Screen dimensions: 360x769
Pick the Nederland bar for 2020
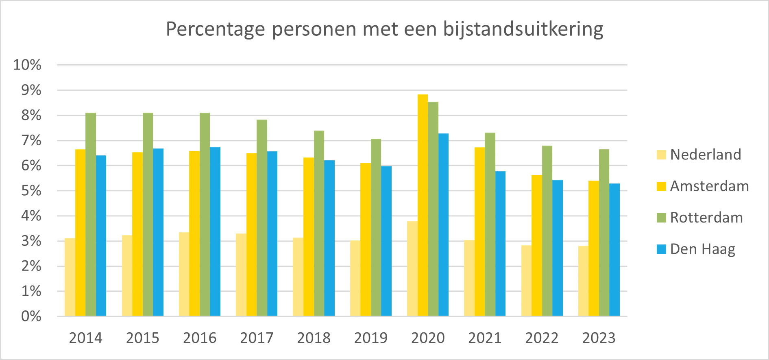412,268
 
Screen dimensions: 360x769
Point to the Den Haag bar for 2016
215,231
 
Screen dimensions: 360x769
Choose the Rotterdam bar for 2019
376,227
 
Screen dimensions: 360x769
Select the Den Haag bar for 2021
500,244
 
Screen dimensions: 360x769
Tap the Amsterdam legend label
709,186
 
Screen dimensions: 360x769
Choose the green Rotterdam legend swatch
661,218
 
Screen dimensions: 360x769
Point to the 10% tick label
27,65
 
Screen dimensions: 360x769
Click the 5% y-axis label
31,191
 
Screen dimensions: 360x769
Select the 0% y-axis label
31,316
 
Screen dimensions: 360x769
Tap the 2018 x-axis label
314,338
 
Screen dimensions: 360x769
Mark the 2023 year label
599,338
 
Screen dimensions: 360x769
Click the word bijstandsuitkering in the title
523,29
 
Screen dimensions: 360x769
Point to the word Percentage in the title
216,29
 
